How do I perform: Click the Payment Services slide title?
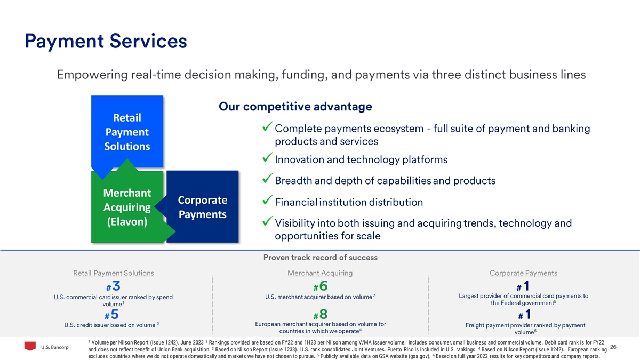tap(106, 42)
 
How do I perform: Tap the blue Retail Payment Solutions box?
tap(127, 131)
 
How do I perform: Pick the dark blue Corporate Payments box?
tap(202, 207)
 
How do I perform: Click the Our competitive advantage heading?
tap(295, 107)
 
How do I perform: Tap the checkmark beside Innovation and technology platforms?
tap(267, 157)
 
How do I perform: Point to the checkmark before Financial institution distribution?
tap(267, 199)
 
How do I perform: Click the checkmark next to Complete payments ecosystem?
tap(267, 126)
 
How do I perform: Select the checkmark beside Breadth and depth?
tap(267, 178)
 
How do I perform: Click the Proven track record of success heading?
tap(321, 258)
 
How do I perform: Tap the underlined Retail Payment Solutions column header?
tap(114, 273)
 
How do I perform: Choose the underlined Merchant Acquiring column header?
tap(320, 273)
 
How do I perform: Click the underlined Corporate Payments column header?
tap(523, 273)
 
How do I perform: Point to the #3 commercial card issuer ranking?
tap(113, 286)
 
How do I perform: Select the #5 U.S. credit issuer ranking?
tap(111, 315)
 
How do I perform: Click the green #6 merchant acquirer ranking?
tap(321, 286)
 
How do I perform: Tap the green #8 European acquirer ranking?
tap(321, 315)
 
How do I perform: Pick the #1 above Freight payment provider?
tap(525, 315)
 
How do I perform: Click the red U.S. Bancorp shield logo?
tap(30, 346)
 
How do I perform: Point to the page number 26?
tap(613, 347)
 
